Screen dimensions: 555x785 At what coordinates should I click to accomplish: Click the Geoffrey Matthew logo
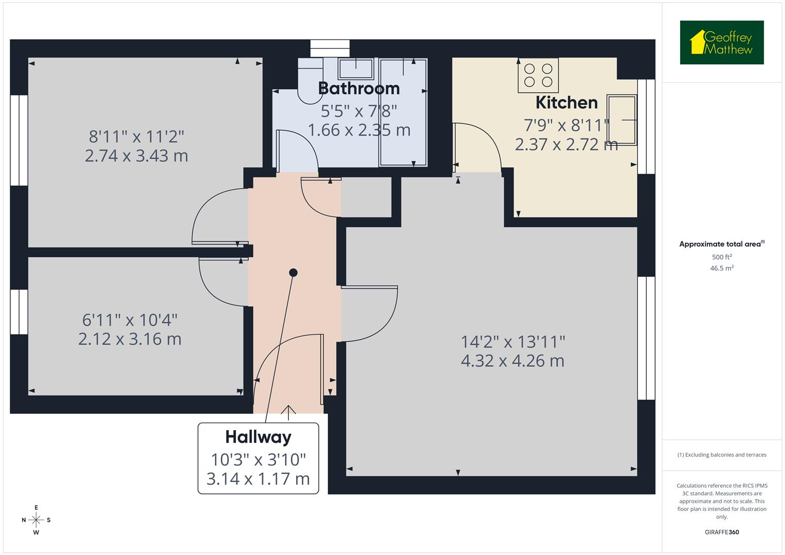click(721, 43)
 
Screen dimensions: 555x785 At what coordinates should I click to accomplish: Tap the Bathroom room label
click(359, 88)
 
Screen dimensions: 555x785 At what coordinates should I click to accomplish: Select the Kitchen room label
click(567, 102)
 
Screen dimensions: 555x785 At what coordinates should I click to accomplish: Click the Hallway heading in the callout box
click(258, 437)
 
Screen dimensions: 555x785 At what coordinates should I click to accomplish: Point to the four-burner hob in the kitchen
click(538, 75)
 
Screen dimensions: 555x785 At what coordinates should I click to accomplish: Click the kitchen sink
click(622, 120)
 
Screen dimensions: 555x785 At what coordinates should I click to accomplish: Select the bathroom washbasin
click(356, 68)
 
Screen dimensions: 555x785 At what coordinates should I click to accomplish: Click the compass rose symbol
click(36, 520)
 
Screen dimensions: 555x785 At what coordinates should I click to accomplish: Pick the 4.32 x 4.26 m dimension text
click(513, 361)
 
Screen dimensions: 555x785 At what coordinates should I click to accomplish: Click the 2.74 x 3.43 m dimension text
click(136, 156)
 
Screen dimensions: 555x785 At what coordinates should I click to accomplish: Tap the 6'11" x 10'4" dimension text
click(130, 320)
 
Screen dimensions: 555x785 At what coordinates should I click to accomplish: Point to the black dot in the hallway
click(293, 273)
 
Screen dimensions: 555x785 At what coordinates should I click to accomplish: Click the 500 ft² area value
click(721, 257)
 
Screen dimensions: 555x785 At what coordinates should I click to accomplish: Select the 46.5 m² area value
click(721, 268)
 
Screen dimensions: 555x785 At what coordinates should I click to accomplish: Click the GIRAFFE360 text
click(721, 532)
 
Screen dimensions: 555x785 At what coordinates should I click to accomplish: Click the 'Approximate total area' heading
click(721, 244)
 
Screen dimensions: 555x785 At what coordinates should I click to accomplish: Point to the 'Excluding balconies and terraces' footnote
click(721, 455)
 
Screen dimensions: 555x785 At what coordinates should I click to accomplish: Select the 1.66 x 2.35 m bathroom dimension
click(359, 130)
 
